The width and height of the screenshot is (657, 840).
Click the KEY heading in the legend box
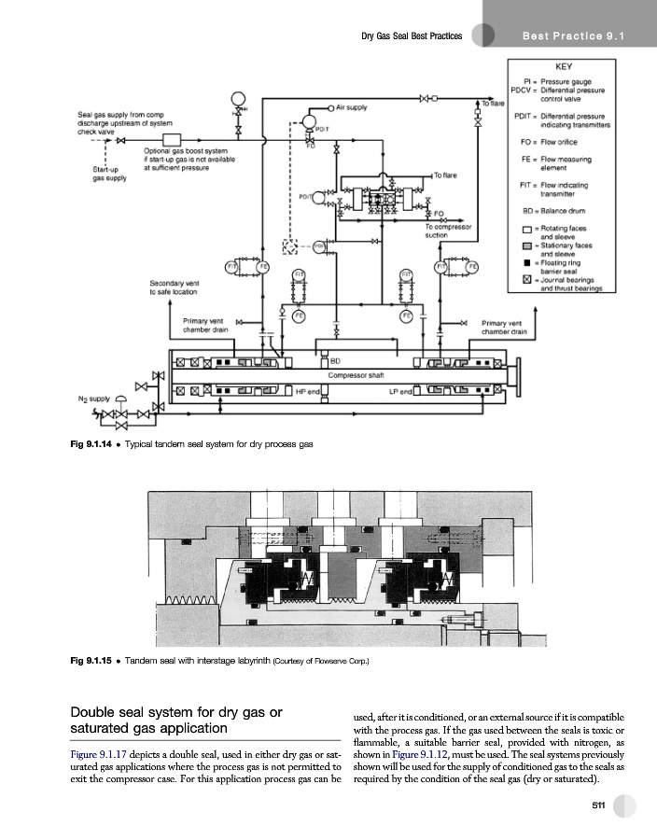coord(563,67)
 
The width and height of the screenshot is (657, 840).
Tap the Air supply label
coord(351,107)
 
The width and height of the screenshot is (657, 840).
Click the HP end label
coord(309,391)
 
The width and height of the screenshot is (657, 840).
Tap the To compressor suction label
coord(450,231)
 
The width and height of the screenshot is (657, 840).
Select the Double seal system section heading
coord(176,720)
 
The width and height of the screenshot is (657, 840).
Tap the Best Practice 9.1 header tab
coord(573,35)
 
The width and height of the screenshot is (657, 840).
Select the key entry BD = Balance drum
coord(559,212)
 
